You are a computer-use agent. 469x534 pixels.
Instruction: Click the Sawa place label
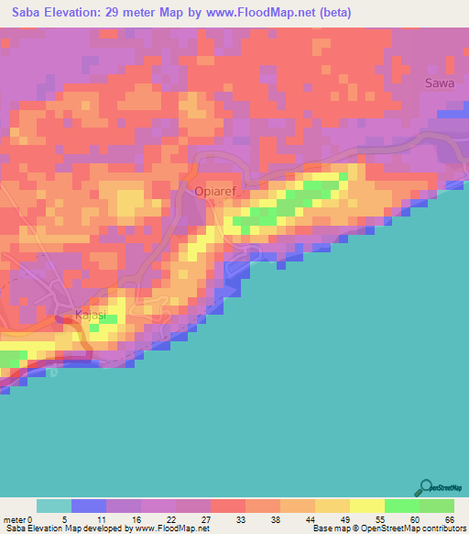click(440, 83)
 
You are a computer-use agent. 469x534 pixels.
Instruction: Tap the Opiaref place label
click(216, 192)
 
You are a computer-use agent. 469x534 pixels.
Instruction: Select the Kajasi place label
click(91, 317)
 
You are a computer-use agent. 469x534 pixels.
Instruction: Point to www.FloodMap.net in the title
click(272, 13)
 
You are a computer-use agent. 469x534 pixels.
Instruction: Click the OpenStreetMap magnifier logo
click(426, 487)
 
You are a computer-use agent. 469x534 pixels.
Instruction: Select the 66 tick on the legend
click(449, 519)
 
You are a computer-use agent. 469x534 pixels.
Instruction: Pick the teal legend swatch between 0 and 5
click(53, 506)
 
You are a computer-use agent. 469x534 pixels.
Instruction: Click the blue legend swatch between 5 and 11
click(88, 506)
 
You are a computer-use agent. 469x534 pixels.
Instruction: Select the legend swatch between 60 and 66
click(436, 506)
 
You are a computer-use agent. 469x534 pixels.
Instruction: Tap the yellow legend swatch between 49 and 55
click(366, 506)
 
